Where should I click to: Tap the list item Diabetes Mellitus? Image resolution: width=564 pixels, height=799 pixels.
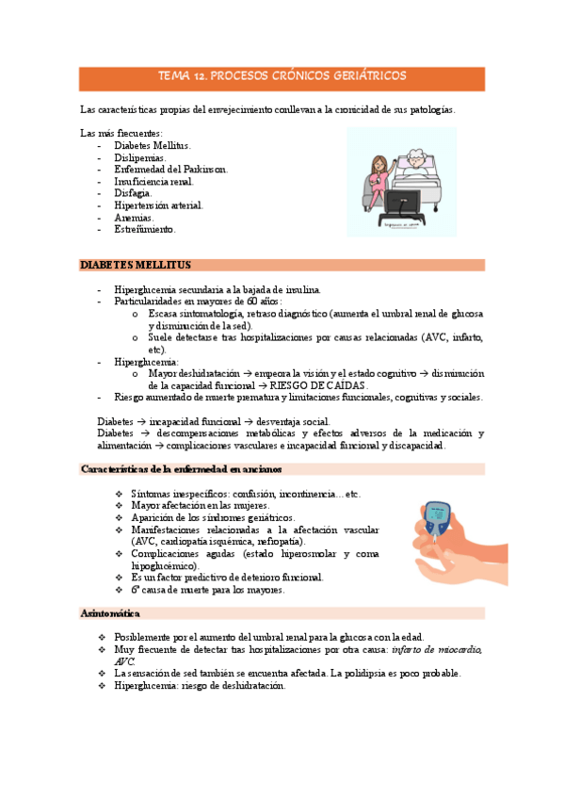152,146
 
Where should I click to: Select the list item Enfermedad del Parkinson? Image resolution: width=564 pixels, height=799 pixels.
170,170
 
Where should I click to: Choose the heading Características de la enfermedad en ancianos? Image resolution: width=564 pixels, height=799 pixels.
182,468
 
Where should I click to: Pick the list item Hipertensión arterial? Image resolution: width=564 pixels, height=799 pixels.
158,204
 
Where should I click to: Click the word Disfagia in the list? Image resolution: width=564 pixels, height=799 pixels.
133,193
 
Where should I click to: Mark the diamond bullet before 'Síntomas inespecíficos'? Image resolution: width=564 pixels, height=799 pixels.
118,494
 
